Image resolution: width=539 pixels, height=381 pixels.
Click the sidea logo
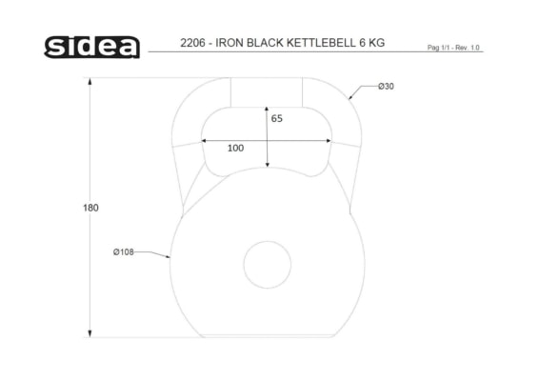click(91, 47)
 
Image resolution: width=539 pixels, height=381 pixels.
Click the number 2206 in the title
click(192, 43)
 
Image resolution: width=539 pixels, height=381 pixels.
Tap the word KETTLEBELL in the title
click(321, 43)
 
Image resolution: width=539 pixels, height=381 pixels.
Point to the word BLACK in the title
click(265, 43)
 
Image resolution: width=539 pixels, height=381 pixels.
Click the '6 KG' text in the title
click(372, 43)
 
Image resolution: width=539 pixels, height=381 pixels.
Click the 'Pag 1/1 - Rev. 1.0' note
click(453, 48)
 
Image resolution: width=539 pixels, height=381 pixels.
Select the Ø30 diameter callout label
click(386, 87)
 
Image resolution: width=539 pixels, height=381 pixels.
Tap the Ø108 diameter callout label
click(124, 252)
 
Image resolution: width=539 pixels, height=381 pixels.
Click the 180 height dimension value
click(90, 208)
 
